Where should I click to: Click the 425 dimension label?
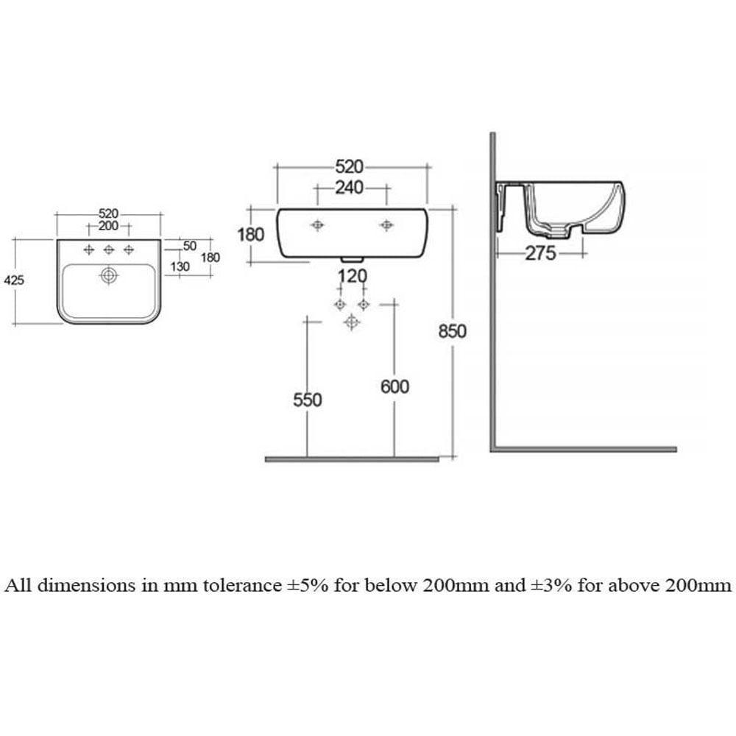coord(14,280)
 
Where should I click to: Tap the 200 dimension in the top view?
coord(108,226)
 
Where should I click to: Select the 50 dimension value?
coord(190,246)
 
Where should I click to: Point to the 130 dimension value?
coord(180,266)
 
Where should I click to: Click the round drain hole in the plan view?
coord(108,275)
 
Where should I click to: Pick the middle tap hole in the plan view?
coord(108,250)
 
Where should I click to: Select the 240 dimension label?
coord(349,188)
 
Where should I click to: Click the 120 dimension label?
coord(352,276)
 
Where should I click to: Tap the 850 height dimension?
coord(453,331)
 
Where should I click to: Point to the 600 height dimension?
coord(394,387)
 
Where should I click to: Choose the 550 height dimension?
coord(308,400)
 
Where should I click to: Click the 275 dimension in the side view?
coord(540,253)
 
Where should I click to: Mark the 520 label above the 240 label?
coord(349,166)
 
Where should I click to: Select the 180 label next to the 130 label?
coord(210,257)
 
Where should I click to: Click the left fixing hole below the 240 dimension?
coord(317,225)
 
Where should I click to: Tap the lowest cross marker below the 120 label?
coord(352,322)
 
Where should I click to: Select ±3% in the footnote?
coord(551,585)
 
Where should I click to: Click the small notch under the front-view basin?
coord(352,259)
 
